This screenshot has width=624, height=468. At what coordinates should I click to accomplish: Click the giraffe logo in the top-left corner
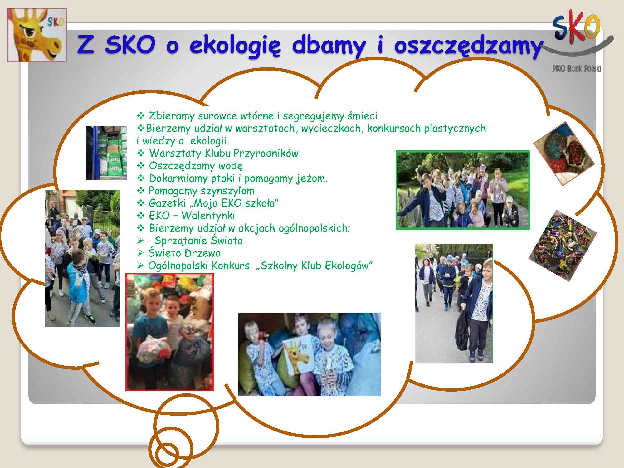[37, 35]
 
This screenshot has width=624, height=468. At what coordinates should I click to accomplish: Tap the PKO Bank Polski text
[576, 69]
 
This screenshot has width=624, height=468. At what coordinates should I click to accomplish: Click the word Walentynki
[208, 216]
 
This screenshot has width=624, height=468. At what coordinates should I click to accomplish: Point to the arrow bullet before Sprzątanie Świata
[140, 241]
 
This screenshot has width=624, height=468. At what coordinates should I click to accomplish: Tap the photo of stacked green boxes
[106, 153]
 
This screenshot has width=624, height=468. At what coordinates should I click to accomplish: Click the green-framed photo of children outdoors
[463, 190]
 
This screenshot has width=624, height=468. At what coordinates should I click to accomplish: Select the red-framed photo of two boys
[170, 332]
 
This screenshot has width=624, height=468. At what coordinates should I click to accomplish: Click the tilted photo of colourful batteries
[563, 246]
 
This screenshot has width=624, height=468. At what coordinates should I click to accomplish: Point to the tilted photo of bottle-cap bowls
[564, 154]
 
